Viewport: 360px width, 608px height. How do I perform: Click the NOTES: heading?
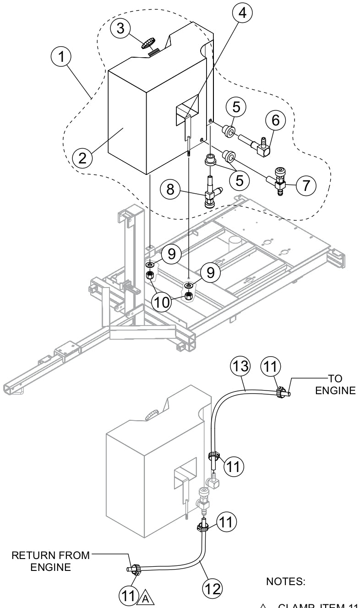[x=283, y=581]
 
